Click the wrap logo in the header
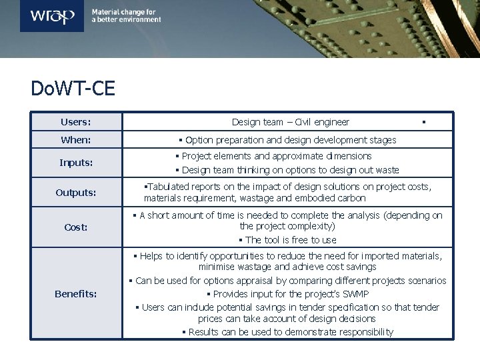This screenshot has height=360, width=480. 52,15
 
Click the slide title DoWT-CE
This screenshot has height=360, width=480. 73,89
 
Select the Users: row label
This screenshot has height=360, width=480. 76,122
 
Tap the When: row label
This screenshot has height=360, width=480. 76,140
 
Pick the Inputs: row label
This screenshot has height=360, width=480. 76,163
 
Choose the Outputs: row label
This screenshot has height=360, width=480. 76,193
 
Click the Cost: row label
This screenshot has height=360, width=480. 76,227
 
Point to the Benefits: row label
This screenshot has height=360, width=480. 76,294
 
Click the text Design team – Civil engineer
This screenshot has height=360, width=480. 290,122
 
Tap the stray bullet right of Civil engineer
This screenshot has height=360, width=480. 424,122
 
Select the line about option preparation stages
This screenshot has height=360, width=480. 287,140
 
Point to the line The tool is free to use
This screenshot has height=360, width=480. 287,240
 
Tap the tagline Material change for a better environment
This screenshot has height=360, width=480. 126,16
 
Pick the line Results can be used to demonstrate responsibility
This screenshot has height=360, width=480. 287,332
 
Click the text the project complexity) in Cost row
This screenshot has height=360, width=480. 287,227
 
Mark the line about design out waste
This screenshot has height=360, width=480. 287,170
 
